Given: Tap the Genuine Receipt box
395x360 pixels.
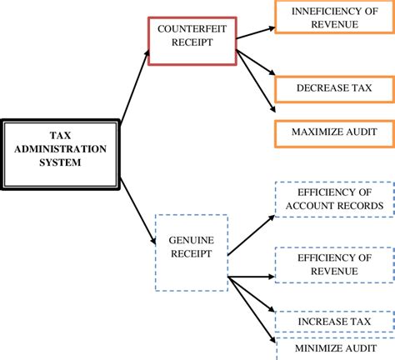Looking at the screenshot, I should [x=191, y=252].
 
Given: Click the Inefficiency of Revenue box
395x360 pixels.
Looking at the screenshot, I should [x=332, y=17].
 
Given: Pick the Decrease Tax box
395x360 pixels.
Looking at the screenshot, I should [x=332, y=86].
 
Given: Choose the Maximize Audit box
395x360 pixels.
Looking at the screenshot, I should [x=332, y=132].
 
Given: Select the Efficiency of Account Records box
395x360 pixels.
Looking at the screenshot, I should [x=332, y=198].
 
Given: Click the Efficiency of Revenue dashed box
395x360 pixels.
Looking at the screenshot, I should [x=332, y=265].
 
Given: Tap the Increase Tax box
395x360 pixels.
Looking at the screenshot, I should [x=332, y=322].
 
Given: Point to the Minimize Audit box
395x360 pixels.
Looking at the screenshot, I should [x=332, y=347].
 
